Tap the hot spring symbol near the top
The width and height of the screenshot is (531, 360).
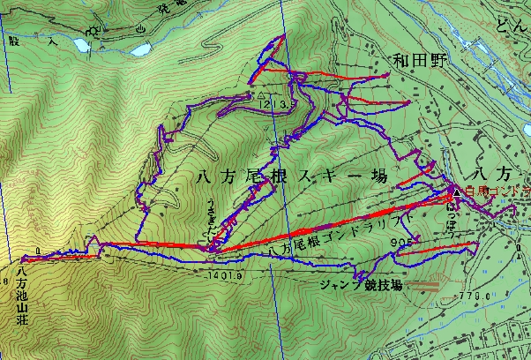click(x=141, y=29)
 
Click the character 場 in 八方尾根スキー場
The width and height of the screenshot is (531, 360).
click(x=379, y=177)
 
